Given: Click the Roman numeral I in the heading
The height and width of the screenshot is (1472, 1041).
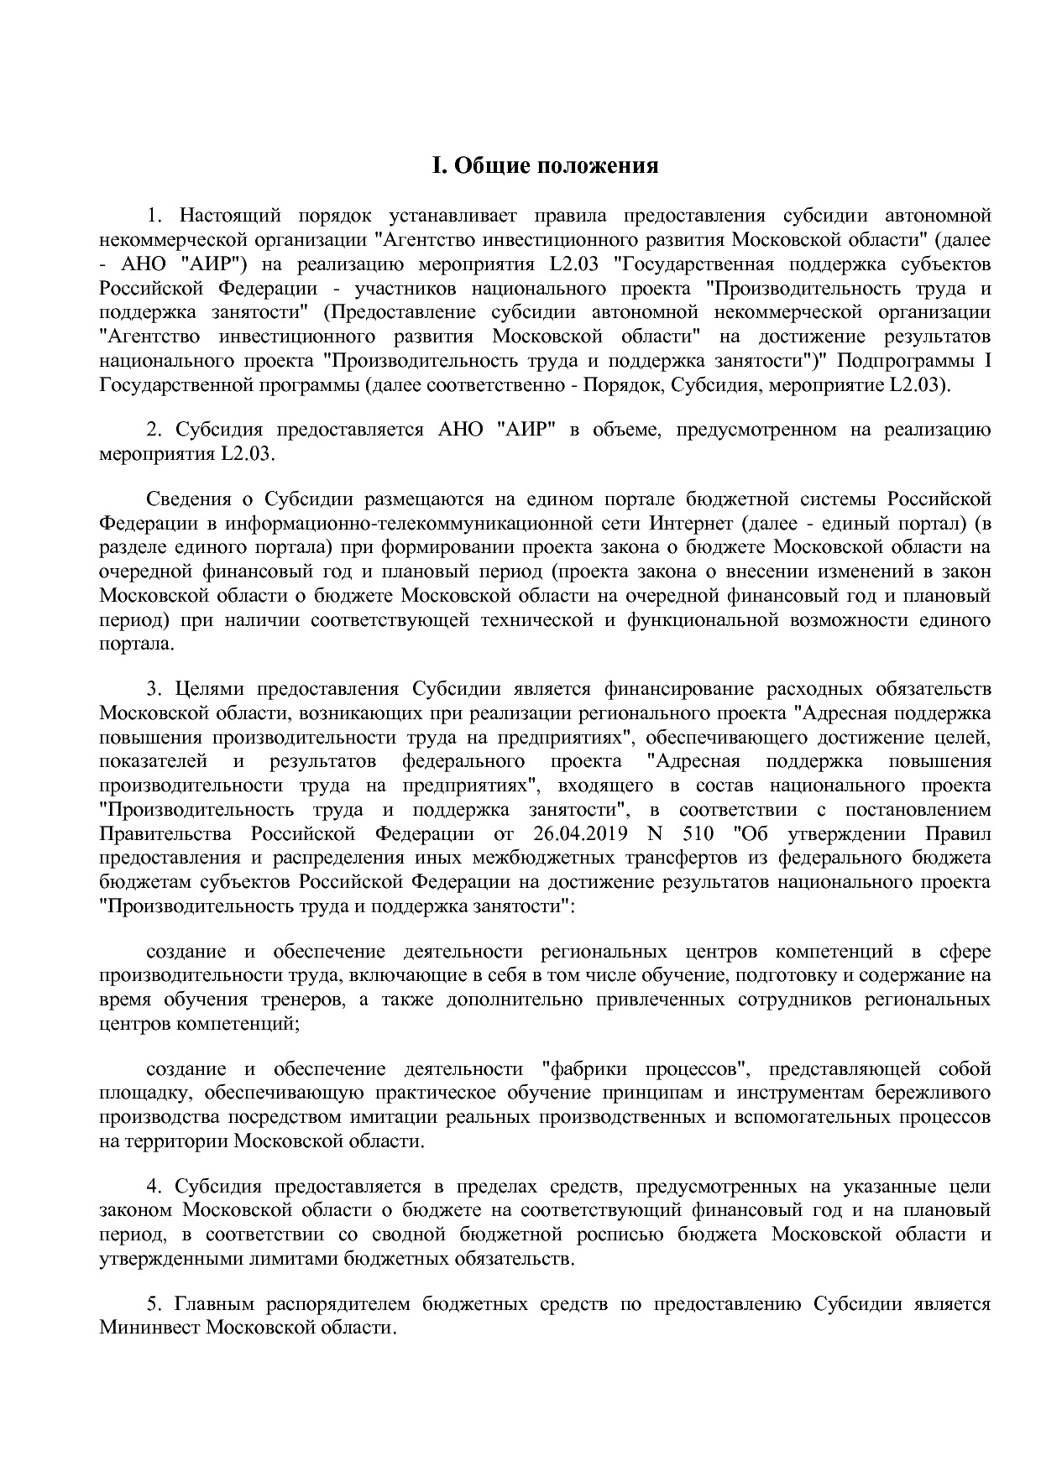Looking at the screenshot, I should (437, 165).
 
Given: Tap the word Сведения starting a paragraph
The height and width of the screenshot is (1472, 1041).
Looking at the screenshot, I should (187, 499).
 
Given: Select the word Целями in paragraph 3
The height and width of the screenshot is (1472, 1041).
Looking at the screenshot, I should (208, 690).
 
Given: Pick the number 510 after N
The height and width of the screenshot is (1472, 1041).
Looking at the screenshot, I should (699, 834).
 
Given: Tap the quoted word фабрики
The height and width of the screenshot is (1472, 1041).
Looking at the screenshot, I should (585, 1069).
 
